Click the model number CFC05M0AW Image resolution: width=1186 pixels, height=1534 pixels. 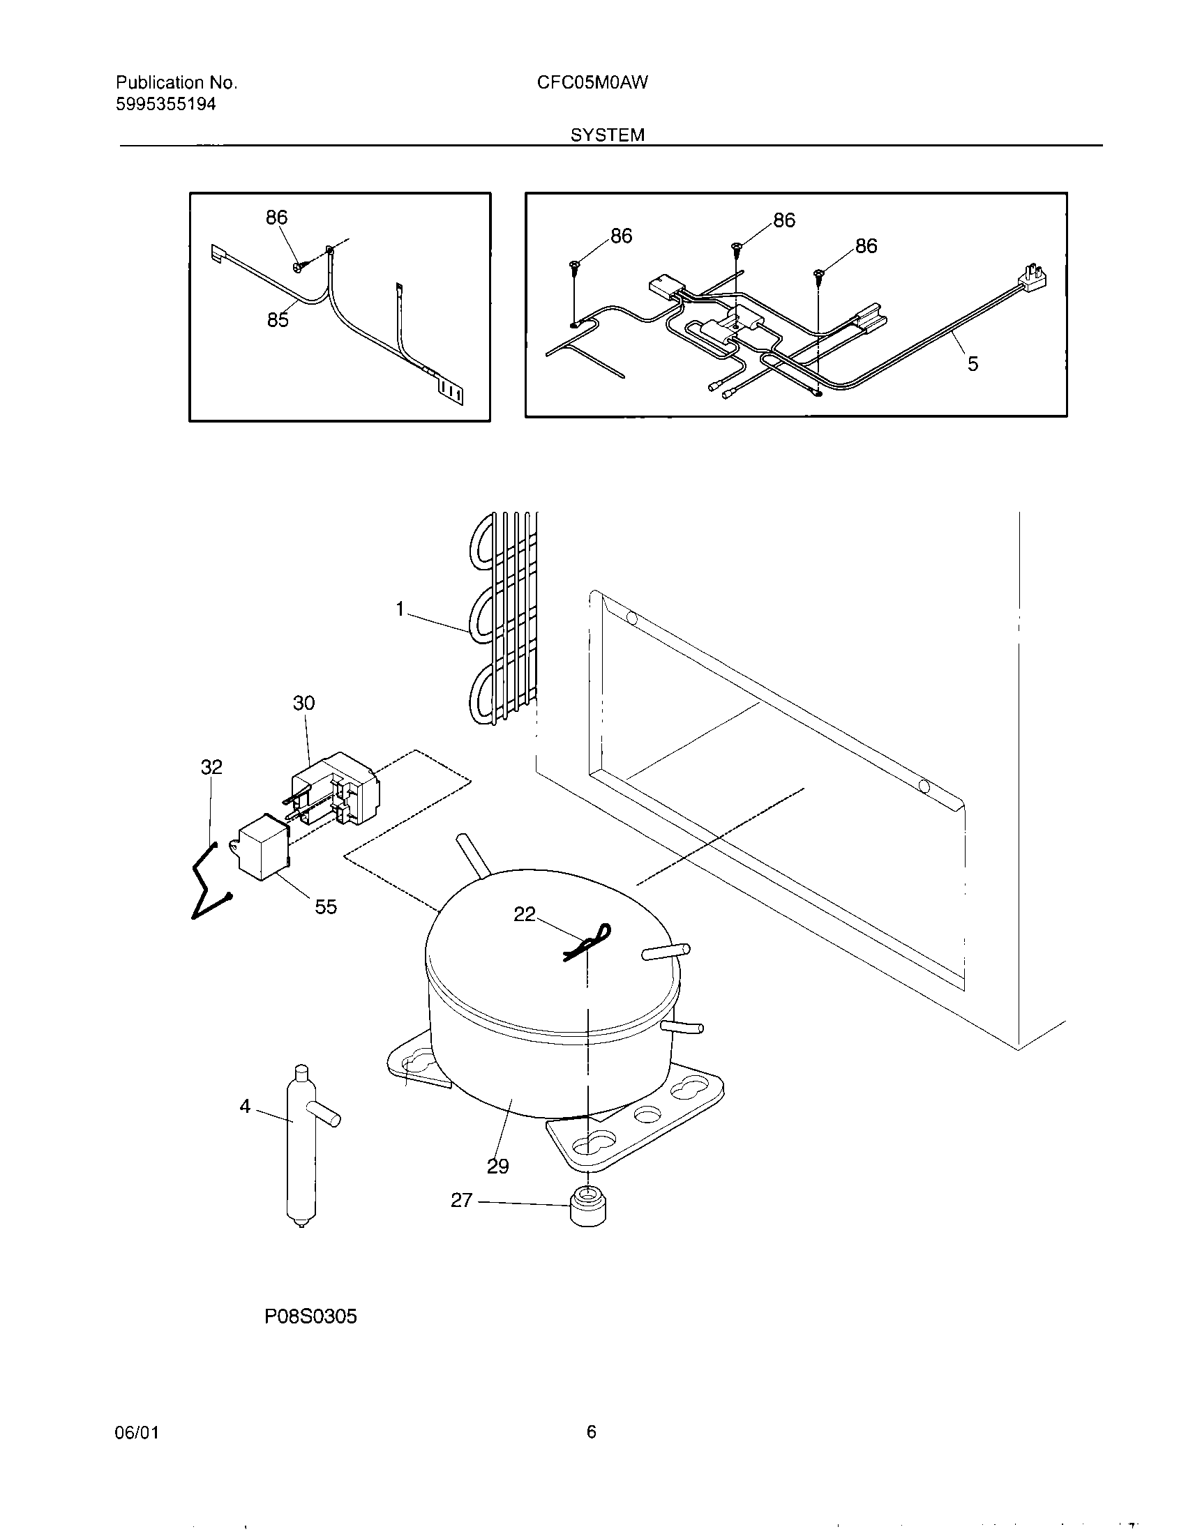coord(592,83)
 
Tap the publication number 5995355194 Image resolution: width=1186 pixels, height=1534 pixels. coord(166,105)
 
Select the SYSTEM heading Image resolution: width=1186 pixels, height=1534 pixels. coord(607,135)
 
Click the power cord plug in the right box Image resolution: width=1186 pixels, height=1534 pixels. coord(1032,277)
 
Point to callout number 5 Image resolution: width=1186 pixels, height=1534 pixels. coord(973,364)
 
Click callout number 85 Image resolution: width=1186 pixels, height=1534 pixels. coord(278,320)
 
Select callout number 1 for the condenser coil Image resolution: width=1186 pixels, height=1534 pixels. coord(400,609)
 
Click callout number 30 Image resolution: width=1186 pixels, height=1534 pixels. coord(303,702)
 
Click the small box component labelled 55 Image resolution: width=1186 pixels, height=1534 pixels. coord(264,849)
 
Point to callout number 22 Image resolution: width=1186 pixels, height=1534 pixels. coord(525,914)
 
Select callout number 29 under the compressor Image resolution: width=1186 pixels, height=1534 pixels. coord(497,1166)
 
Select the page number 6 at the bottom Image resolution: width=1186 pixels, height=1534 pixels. coord(591,1432)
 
